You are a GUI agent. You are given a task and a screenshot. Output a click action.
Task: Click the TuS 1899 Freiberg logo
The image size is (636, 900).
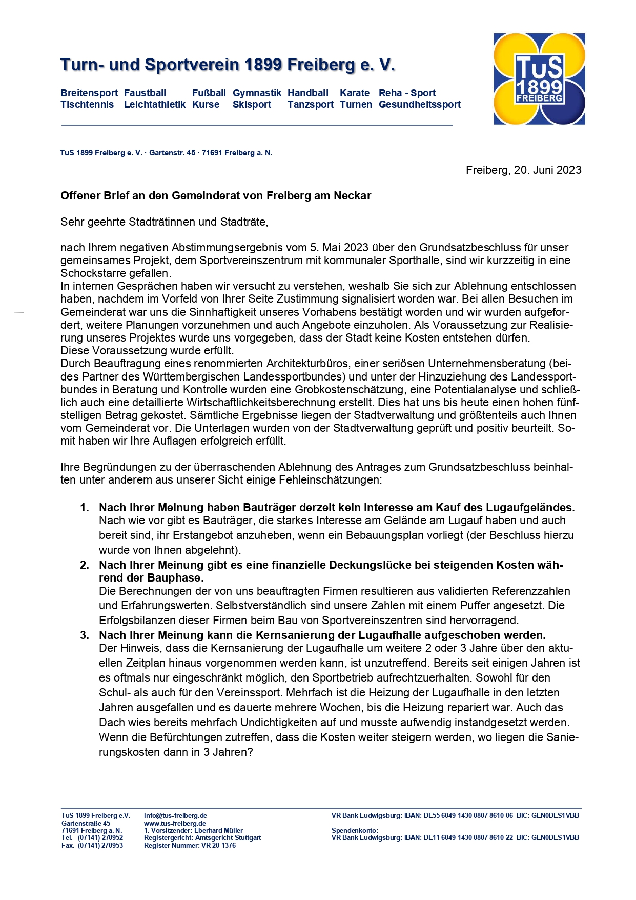coord(539,79)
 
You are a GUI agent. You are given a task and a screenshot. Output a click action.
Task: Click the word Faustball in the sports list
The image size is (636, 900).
coord(145,93)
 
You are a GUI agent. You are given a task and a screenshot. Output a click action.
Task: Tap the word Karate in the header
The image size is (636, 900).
coord(355,93)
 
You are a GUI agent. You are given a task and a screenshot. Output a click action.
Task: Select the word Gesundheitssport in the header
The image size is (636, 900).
coord(420,105)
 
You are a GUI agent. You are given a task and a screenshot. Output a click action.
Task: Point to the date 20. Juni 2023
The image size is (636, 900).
coord(547,170)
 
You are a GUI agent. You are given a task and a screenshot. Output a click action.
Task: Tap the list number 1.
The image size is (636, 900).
coord(85,508)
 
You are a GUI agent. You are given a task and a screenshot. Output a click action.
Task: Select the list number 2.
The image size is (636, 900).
coord(85,565)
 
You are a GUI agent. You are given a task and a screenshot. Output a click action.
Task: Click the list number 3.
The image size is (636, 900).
coord(85,635)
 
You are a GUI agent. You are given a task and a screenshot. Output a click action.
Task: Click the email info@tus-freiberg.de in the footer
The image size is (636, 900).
coord(175,816)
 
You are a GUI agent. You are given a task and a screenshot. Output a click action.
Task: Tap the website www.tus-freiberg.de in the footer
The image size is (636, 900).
coord(175,824)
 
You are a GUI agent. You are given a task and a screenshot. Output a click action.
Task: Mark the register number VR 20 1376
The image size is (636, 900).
coord(218,846)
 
